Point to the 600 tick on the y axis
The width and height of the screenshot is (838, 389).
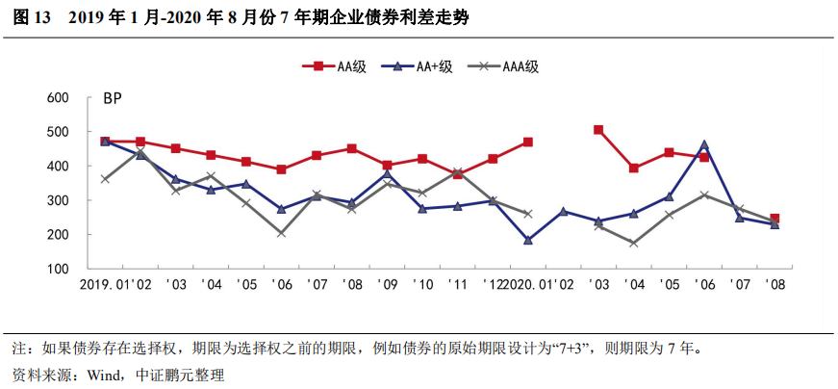click(x=58, y=98)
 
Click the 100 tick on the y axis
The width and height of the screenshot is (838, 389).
click(x=58, y=269)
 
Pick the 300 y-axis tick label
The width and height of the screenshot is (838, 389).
click(x=58, y=200)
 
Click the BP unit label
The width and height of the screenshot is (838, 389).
click(x=113, y=98)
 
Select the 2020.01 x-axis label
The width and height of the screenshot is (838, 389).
click(x=528, y=286)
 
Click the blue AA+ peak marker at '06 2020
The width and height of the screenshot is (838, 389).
click(x=704, y=145)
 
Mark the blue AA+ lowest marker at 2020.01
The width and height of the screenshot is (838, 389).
click(x=528, y=241)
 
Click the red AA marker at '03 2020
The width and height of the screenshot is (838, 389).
click(x=598, y=130)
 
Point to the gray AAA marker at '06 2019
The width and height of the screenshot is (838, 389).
click(x=281, y=233)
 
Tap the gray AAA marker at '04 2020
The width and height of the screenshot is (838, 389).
click(x=634, y=244)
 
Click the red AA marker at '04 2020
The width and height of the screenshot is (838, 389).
click(x=634, y=169)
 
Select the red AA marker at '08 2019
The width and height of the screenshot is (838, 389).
click(x=352, y=149)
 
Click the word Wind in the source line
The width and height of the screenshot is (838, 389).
click(x=106, y=375)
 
